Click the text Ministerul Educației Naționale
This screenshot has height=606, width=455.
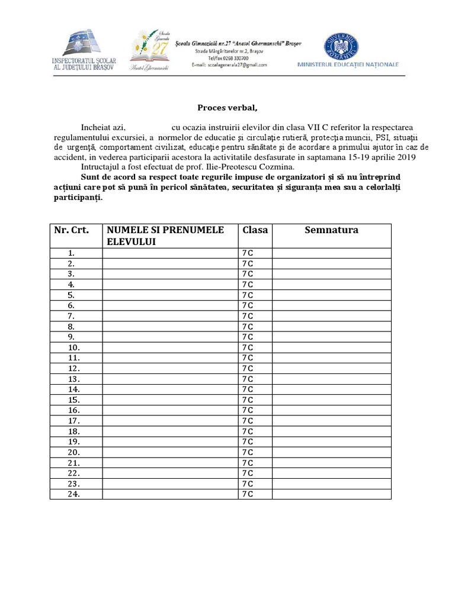(x=348, y=65)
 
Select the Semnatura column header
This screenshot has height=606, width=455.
(x=331, y=230)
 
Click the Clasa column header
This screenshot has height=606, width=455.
(x=254, y=230)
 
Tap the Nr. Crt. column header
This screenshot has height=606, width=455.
(x=72, y=230)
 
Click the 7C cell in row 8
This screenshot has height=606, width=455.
(x=248, y=327)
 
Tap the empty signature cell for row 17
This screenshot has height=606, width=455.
(x=331, y=421)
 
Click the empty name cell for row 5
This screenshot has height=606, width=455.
(x=169, y=295)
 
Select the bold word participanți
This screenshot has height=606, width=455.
(x=76, y=198)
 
